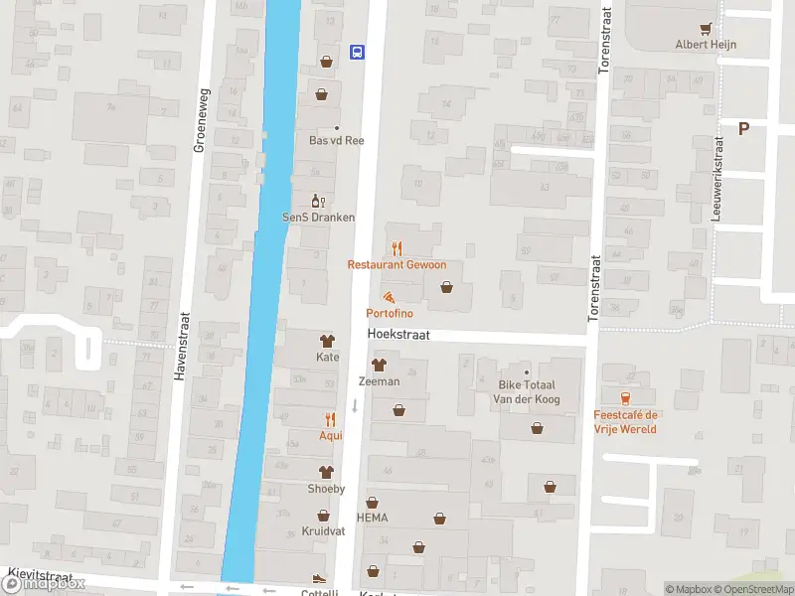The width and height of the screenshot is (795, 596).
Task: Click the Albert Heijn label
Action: (x=706, y=44)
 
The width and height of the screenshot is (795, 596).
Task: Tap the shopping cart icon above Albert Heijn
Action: (x=706, y=29)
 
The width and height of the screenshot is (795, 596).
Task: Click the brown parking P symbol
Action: (x=743, y=127)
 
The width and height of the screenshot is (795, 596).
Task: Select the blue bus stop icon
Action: (x=357, y=52)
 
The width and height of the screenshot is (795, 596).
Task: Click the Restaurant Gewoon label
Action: (x=397, y=264)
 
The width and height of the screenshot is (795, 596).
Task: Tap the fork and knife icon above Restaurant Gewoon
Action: (x=397, y=248)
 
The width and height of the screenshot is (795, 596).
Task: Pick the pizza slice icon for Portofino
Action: (x=389, y=297)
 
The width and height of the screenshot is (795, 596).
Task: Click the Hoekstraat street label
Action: (x=397, y=336)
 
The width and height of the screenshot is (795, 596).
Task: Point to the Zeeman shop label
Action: (x=379, y=381)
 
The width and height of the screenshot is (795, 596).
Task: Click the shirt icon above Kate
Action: (x=327, y=342)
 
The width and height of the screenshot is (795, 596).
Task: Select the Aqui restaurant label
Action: (x=330, y=435)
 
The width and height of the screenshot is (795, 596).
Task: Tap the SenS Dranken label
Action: (x=319, y=217)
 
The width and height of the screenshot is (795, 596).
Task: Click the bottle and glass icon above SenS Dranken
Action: (x=319, y=201)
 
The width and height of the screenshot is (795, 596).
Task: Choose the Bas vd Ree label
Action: (x=336, y=140)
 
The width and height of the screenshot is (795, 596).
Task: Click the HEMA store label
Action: (x=372, y=518)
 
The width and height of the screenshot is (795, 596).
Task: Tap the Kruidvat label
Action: (x=323, y=531)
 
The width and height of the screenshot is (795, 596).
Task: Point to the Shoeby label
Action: (x=325, y=488)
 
